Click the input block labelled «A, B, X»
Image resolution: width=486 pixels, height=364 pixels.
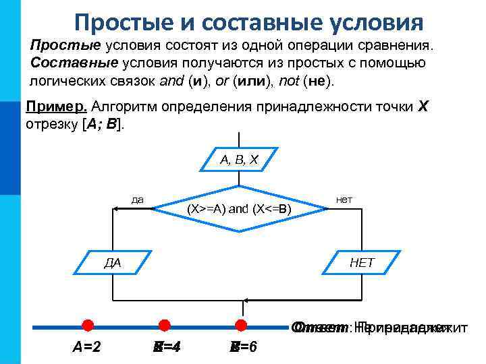tap(239, 160)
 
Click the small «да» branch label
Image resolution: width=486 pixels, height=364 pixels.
tap(137, 200)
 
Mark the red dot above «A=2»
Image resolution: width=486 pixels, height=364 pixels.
tap(88, 326)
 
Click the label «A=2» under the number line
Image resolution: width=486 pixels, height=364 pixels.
tap(87, 348)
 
